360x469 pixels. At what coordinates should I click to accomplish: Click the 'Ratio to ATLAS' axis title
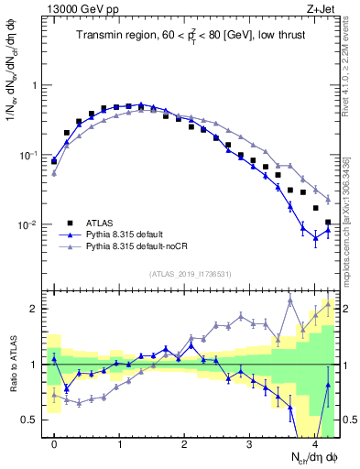(x=13, y=366)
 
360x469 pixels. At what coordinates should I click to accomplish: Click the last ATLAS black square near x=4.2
(x=328, y=222)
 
